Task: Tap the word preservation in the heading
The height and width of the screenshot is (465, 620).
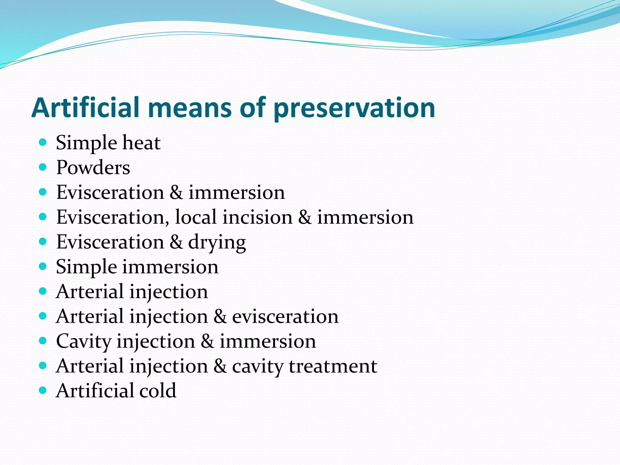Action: click(354, 108)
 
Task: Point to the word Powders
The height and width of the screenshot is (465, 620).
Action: click(93, 167)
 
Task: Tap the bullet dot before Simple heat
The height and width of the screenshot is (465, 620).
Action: click(43, 142)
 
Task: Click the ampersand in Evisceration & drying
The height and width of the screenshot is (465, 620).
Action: click(176, 242)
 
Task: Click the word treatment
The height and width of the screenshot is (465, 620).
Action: click(333, 366)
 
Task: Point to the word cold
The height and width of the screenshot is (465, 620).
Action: click(158, 391)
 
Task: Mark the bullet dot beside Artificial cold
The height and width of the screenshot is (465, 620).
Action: click(43, 390)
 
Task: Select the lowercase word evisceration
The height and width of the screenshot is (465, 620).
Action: click(285, 317)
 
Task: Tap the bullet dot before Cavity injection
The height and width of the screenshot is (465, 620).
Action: click(43, 341)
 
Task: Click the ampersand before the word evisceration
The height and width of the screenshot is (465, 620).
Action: click(220, 317)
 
